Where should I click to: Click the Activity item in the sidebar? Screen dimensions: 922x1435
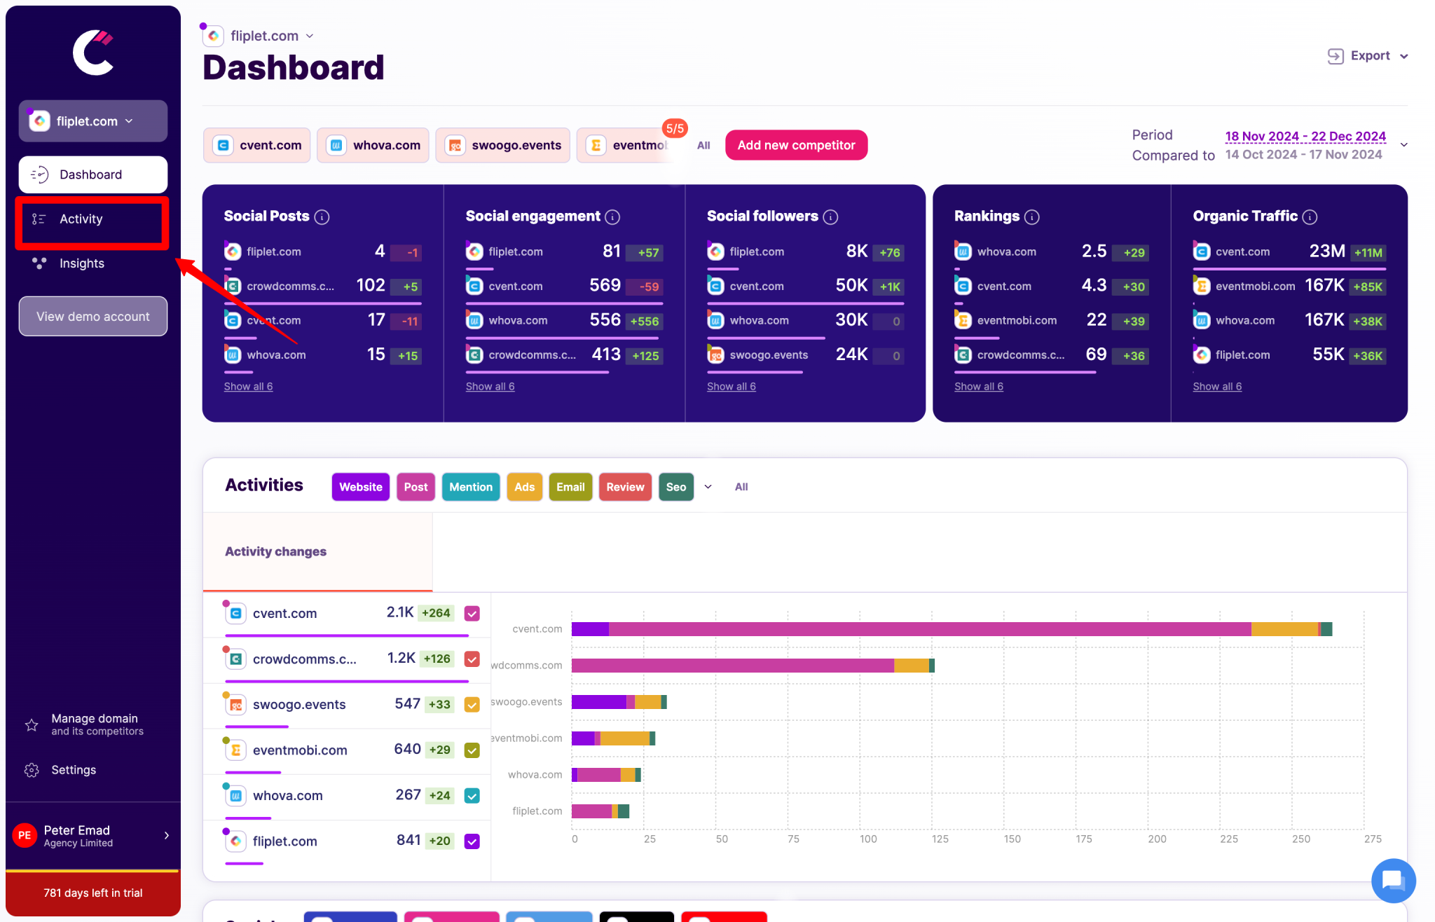[81, 219]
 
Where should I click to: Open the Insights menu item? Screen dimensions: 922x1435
[81, 263]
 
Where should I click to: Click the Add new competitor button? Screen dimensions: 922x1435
[796, 145]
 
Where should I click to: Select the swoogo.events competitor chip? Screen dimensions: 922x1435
[503, 145]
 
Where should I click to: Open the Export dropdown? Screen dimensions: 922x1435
[1368, 56]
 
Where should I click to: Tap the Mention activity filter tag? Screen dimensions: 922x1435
[470, 487]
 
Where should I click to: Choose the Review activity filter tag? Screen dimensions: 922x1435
[624, 487]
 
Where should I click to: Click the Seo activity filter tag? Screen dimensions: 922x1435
[675, 487]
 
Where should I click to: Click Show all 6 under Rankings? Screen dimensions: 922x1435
[978, 386]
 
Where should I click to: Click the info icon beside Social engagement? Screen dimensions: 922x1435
[612, 217]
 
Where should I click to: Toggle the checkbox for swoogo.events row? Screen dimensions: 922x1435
[472, 705]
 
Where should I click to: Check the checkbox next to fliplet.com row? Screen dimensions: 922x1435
[472, 841]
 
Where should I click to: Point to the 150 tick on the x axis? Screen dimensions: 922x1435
[1012, 839]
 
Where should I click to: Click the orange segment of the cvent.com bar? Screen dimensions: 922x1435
[1284, 629]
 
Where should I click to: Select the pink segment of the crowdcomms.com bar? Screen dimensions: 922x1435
[732, 666]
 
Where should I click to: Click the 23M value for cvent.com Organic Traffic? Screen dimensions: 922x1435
[1326, 252]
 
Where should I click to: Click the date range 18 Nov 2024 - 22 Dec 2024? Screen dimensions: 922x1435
[1305, 136]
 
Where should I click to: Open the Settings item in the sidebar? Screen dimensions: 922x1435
[73, 770]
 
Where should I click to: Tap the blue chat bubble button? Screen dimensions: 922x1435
[1393, 880]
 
